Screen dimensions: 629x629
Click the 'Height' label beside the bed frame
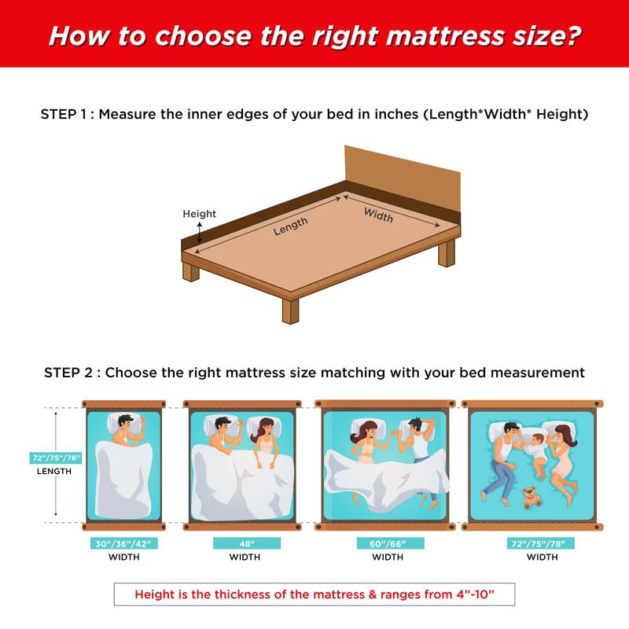point(199,214)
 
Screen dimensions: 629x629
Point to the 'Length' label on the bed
point(290,226)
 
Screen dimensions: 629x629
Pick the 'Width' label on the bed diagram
point(377,215)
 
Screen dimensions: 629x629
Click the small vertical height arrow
point(200,231)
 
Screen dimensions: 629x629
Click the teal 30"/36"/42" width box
point(123,543)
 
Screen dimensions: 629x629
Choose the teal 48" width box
point(245,543)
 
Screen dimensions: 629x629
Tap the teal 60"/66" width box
point(388,543)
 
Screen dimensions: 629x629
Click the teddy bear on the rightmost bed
point(532,498)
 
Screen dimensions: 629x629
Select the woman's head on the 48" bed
point(263,429)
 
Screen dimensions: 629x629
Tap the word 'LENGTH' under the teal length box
point(54,472)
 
